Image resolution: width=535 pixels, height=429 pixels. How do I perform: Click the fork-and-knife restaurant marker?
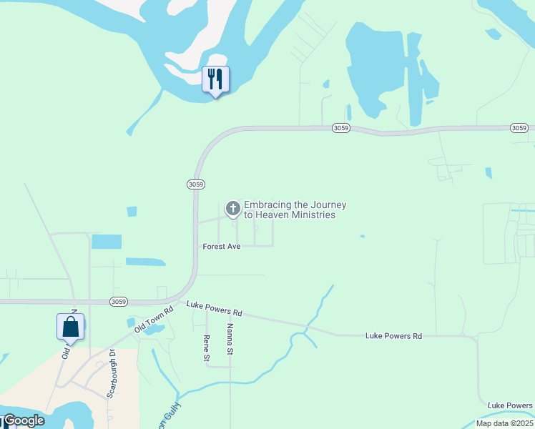[215, 79]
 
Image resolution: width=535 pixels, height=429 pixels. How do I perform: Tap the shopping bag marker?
[71, 327]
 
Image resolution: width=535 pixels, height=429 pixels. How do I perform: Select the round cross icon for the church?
[232, 209]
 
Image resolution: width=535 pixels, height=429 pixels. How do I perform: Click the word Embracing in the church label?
[268, 204]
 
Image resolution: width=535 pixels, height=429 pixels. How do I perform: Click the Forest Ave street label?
[222, 246]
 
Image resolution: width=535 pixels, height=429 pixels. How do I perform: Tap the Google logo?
[24, 420]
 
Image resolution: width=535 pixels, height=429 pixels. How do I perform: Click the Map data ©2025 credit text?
[504, 423]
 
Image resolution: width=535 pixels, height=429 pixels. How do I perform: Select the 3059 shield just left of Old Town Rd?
[119, 302]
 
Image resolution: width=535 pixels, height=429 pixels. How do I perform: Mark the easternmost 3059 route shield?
[520, 128]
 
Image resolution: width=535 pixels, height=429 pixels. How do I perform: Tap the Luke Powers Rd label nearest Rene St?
[215, 308]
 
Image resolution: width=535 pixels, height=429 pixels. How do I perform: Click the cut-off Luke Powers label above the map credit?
[509, 405]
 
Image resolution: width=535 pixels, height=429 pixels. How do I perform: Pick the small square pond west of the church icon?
[132, 212]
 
